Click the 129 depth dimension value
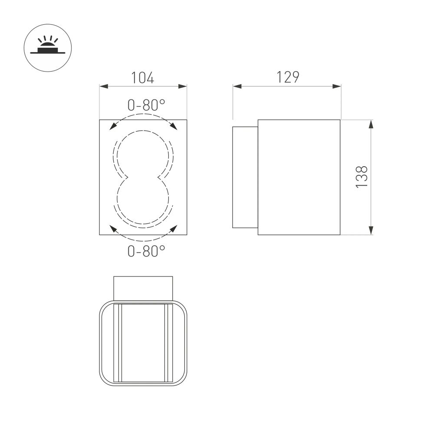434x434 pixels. point(288,77)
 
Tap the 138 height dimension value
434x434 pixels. point(362,177)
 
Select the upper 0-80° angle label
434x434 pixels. point(146,105)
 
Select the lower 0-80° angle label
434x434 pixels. point(146,250)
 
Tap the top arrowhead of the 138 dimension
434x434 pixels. point(371,124)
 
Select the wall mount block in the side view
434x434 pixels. point(245,177)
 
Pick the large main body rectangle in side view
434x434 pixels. point(299,177)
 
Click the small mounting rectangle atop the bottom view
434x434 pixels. point(143,287)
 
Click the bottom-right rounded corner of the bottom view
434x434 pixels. point(183,381)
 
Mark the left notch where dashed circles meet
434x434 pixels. point(126,178)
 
